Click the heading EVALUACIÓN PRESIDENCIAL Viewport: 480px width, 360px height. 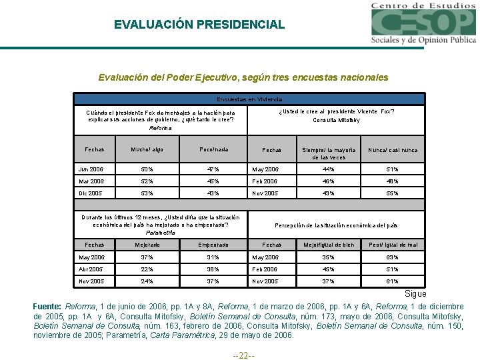click(x=199, y=25)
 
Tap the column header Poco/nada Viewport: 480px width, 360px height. click(x=213, y=150)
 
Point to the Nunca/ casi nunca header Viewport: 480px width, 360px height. click(x=393, y=150)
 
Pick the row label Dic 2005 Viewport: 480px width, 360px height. click(x=91, y=193)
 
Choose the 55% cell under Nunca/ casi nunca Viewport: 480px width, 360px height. click(x=393, y=193)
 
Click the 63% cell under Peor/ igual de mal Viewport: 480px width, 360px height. click(x=393, y=257)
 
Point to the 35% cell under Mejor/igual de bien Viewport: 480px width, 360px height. click(x=328, y=257)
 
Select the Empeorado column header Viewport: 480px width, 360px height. click(x=213, y=245)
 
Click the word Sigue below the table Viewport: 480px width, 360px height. click(x=416, y=294)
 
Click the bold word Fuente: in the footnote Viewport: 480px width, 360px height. click(x=47, y=306)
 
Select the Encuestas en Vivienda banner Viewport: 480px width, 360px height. click(x=249, y=99)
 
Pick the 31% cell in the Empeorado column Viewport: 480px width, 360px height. click(x=213, y=257)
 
